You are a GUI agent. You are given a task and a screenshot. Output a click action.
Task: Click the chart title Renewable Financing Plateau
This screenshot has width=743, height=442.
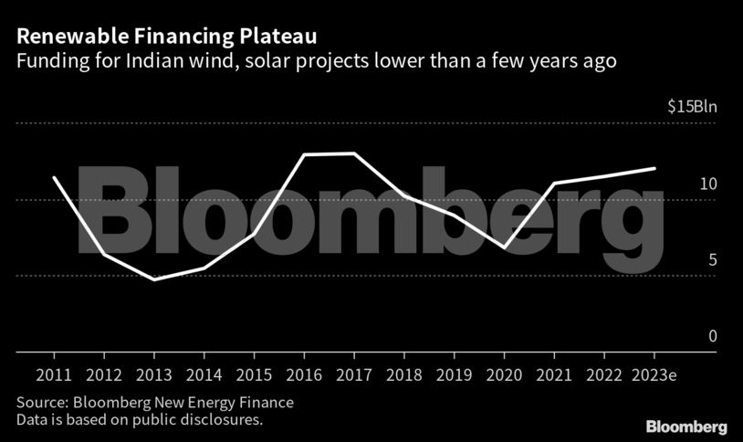pos(167,37)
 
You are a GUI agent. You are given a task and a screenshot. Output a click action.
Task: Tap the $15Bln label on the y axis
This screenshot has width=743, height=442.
pos(692,107)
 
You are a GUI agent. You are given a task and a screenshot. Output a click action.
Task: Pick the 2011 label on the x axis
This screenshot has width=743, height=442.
pos(54,375)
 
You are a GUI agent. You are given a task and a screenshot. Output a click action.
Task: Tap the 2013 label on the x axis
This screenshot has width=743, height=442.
pos(153,375)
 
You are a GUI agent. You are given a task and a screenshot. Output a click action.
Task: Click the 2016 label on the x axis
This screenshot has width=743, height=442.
pos(304,375)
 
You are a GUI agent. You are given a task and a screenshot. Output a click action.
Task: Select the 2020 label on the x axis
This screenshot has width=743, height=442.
pos(504,375)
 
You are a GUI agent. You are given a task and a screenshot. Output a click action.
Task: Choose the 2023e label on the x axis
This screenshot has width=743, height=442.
pos(654,375)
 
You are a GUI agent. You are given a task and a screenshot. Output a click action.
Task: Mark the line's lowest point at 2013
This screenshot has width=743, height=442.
pos(153,279)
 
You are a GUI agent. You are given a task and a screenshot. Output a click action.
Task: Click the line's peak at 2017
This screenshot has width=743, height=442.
pos(354,153)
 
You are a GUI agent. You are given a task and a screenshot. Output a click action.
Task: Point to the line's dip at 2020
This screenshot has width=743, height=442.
pos(504,247)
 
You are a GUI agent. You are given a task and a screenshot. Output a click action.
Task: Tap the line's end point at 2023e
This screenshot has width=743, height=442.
pos(654,168)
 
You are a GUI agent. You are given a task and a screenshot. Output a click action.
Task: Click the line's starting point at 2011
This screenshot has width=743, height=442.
pos(54,177)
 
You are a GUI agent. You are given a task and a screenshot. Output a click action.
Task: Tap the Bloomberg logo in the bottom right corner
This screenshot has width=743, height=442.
pos(686,426)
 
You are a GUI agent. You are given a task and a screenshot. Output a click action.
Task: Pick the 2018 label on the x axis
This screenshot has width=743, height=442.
pos(404,375)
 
